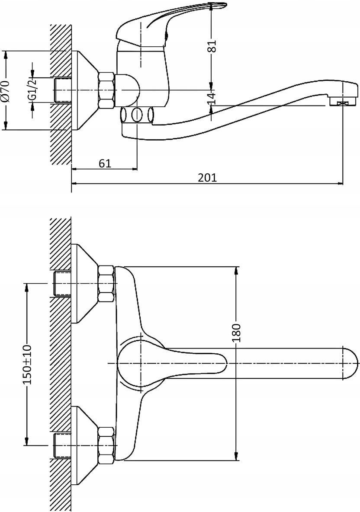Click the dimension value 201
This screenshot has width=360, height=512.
click(207, 177)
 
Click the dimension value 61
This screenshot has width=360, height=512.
click(105, 163)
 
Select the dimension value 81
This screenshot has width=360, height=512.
click(212, 46)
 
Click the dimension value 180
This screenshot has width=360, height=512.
click(237, 333)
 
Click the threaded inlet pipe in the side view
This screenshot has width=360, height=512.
click(62, 90)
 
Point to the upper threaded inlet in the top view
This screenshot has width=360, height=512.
click(62, 283)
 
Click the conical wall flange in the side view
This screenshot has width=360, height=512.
click(85, 90)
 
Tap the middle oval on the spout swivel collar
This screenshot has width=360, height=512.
click(137, 115)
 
